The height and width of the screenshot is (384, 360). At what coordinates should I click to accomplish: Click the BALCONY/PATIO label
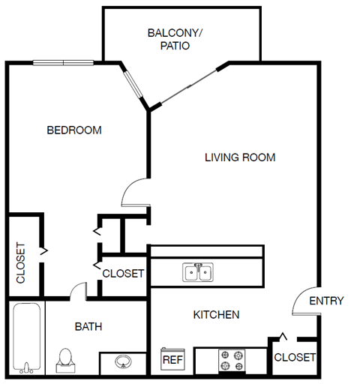coord(174,39)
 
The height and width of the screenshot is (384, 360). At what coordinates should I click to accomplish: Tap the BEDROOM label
coord(74,130)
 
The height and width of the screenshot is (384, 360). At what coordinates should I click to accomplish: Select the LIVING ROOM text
coord(240,157)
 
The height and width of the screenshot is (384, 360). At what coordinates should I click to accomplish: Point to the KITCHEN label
coord(216,314)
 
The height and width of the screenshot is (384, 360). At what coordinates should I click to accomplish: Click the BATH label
coord(88,326)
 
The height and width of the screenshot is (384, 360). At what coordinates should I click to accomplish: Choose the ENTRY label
coord(326,301)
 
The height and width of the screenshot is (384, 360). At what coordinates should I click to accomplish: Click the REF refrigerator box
coord(173,359)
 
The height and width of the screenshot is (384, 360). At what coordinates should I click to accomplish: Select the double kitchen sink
coord(198,271)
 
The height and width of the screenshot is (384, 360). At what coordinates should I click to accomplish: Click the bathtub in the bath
coord(28,337)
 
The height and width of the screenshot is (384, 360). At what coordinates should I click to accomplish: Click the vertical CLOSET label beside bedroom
coord(21,264)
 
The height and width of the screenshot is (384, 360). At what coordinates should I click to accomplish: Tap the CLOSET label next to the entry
coord(295,357)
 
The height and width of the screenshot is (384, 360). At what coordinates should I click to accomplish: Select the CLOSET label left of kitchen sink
coord(122,273)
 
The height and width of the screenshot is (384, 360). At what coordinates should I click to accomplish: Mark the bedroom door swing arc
coord(133,191)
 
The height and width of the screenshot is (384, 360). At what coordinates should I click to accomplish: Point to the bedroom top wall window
coord(63,63)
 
